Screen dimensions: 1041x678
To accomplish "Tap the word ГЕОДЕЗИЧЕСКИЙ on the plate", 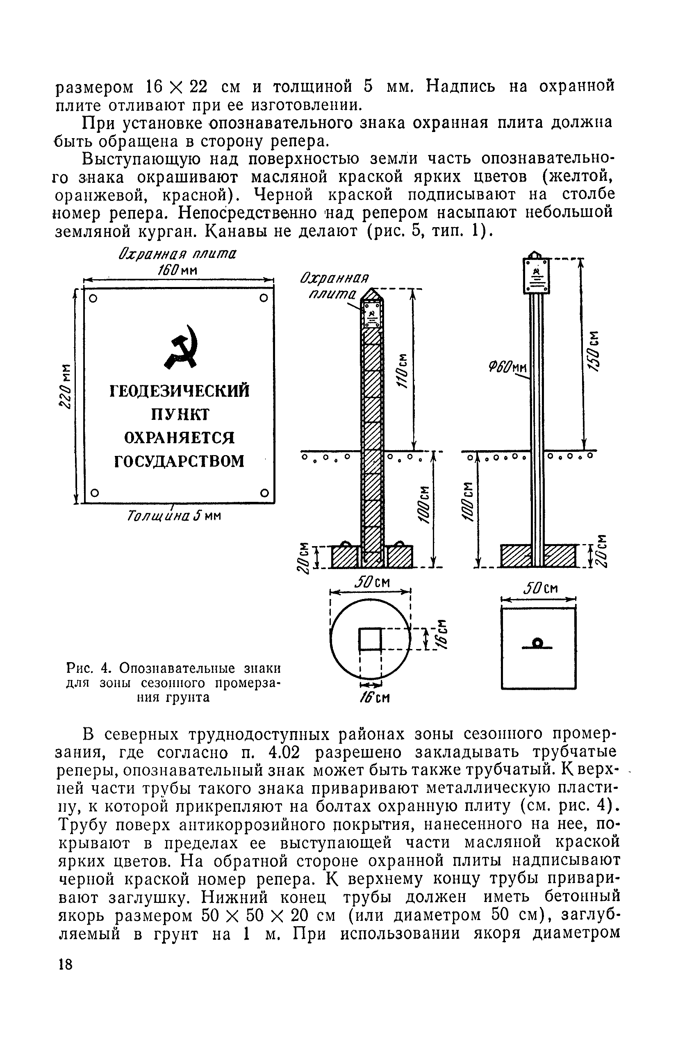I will [180, 391].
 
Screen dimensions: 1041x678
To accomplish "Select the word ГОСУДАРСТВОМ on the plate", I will [180, 461].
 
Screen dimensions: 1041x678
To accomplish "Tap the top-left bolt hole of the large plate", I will [93, 299].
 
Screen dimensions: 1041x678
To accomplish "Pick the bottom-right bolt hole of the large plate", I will [264, 493].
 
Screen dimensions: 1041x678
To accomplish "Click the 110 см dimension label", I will [401, 369].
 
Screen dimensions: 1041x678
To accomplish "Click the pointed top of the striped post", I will [372, 294].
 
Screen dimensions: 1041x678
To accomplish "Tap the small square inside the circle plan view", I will [370, 640].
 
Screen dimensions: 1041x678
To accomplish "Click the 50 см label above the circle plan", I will [372, 582].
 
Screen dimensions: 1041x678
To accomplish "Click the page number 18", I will [65, 977].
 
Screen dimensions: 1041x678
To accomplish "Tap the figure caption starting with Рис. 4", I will [173, 682].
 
